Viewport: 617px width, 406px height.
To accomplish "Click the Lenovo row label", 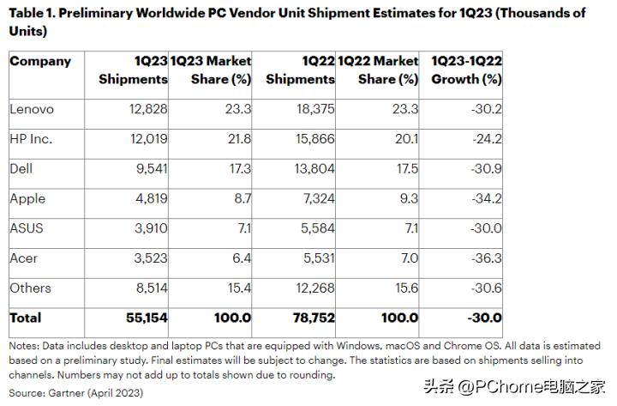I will [32, 109].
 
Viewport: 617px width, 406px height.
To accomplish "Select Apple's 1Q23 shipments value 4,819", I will [146, 198].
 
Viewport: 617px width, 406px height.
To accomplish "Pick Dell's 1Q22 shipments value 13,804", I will [312, 168].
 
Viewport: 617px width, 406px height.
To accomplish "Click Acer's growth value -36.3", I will [482, 258].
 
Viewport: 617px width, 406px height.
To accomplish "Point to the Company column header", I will [40, 61].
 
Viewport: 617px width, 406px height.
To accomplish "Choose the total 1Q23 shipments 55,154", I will [142, 318].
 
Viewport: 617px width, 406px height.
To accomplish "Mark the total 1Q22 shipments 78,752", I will [309, 318].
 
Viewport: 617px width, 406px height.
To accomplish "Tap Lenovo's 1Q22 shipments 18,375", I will [311, 109].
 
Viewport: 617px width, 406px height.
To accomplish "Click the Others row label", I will [31, 288].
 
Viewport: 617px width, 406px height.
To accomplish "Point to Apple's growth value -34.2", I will [482, 198].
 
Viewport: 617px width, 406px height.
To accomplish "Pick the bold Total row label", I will [26, 318].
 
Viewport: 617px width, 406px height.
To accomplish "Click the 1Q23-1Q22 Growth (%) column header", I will [466, 70].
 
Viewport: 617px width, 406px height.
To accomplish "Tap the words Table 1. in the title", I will [35, 13].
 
